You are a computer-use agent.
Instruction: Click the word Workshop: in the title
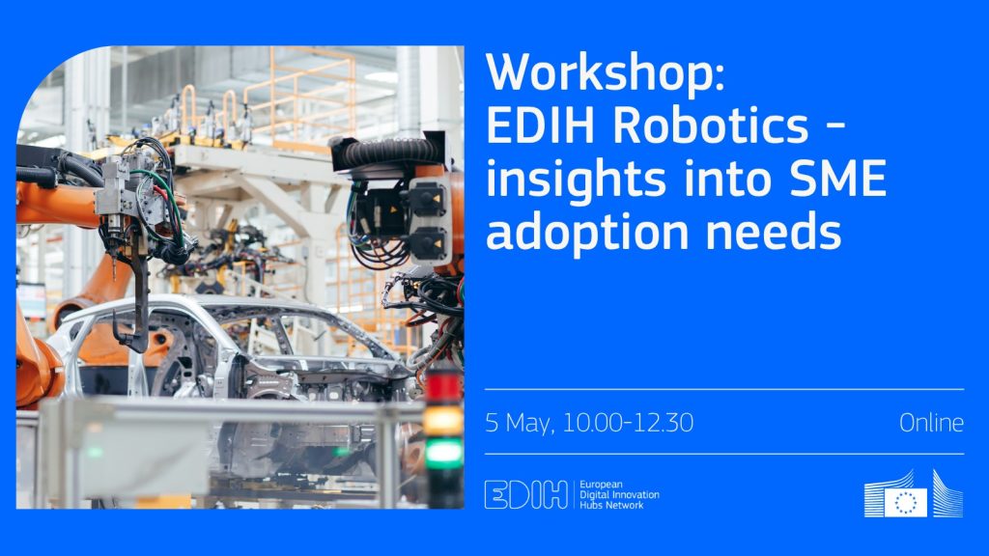click(606, 74)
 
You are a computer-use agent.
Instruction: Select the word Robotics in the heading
click(710, 126)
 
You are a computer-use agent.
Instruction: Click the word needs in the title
click(774, 232)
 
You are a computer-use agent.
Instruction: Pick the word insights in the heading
click(576, 181)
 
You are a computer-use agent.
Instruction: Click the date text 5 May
click(519, 423)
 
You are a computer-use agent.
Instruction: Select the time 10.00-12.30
click(628, 423)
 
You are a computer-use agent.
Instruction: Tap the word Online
click(931, 423)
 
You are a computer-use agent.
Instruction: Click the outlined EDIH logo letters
click(526, 494)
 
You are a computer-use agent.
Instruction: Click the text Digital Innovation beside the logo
click(619, 495)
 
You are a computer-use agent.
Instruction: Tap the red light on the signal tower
click(443, 386)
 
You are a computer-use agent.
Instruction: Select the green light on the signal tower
click(443, 454)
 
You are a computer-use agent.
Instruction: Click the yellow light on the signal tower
click(443, 420)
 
